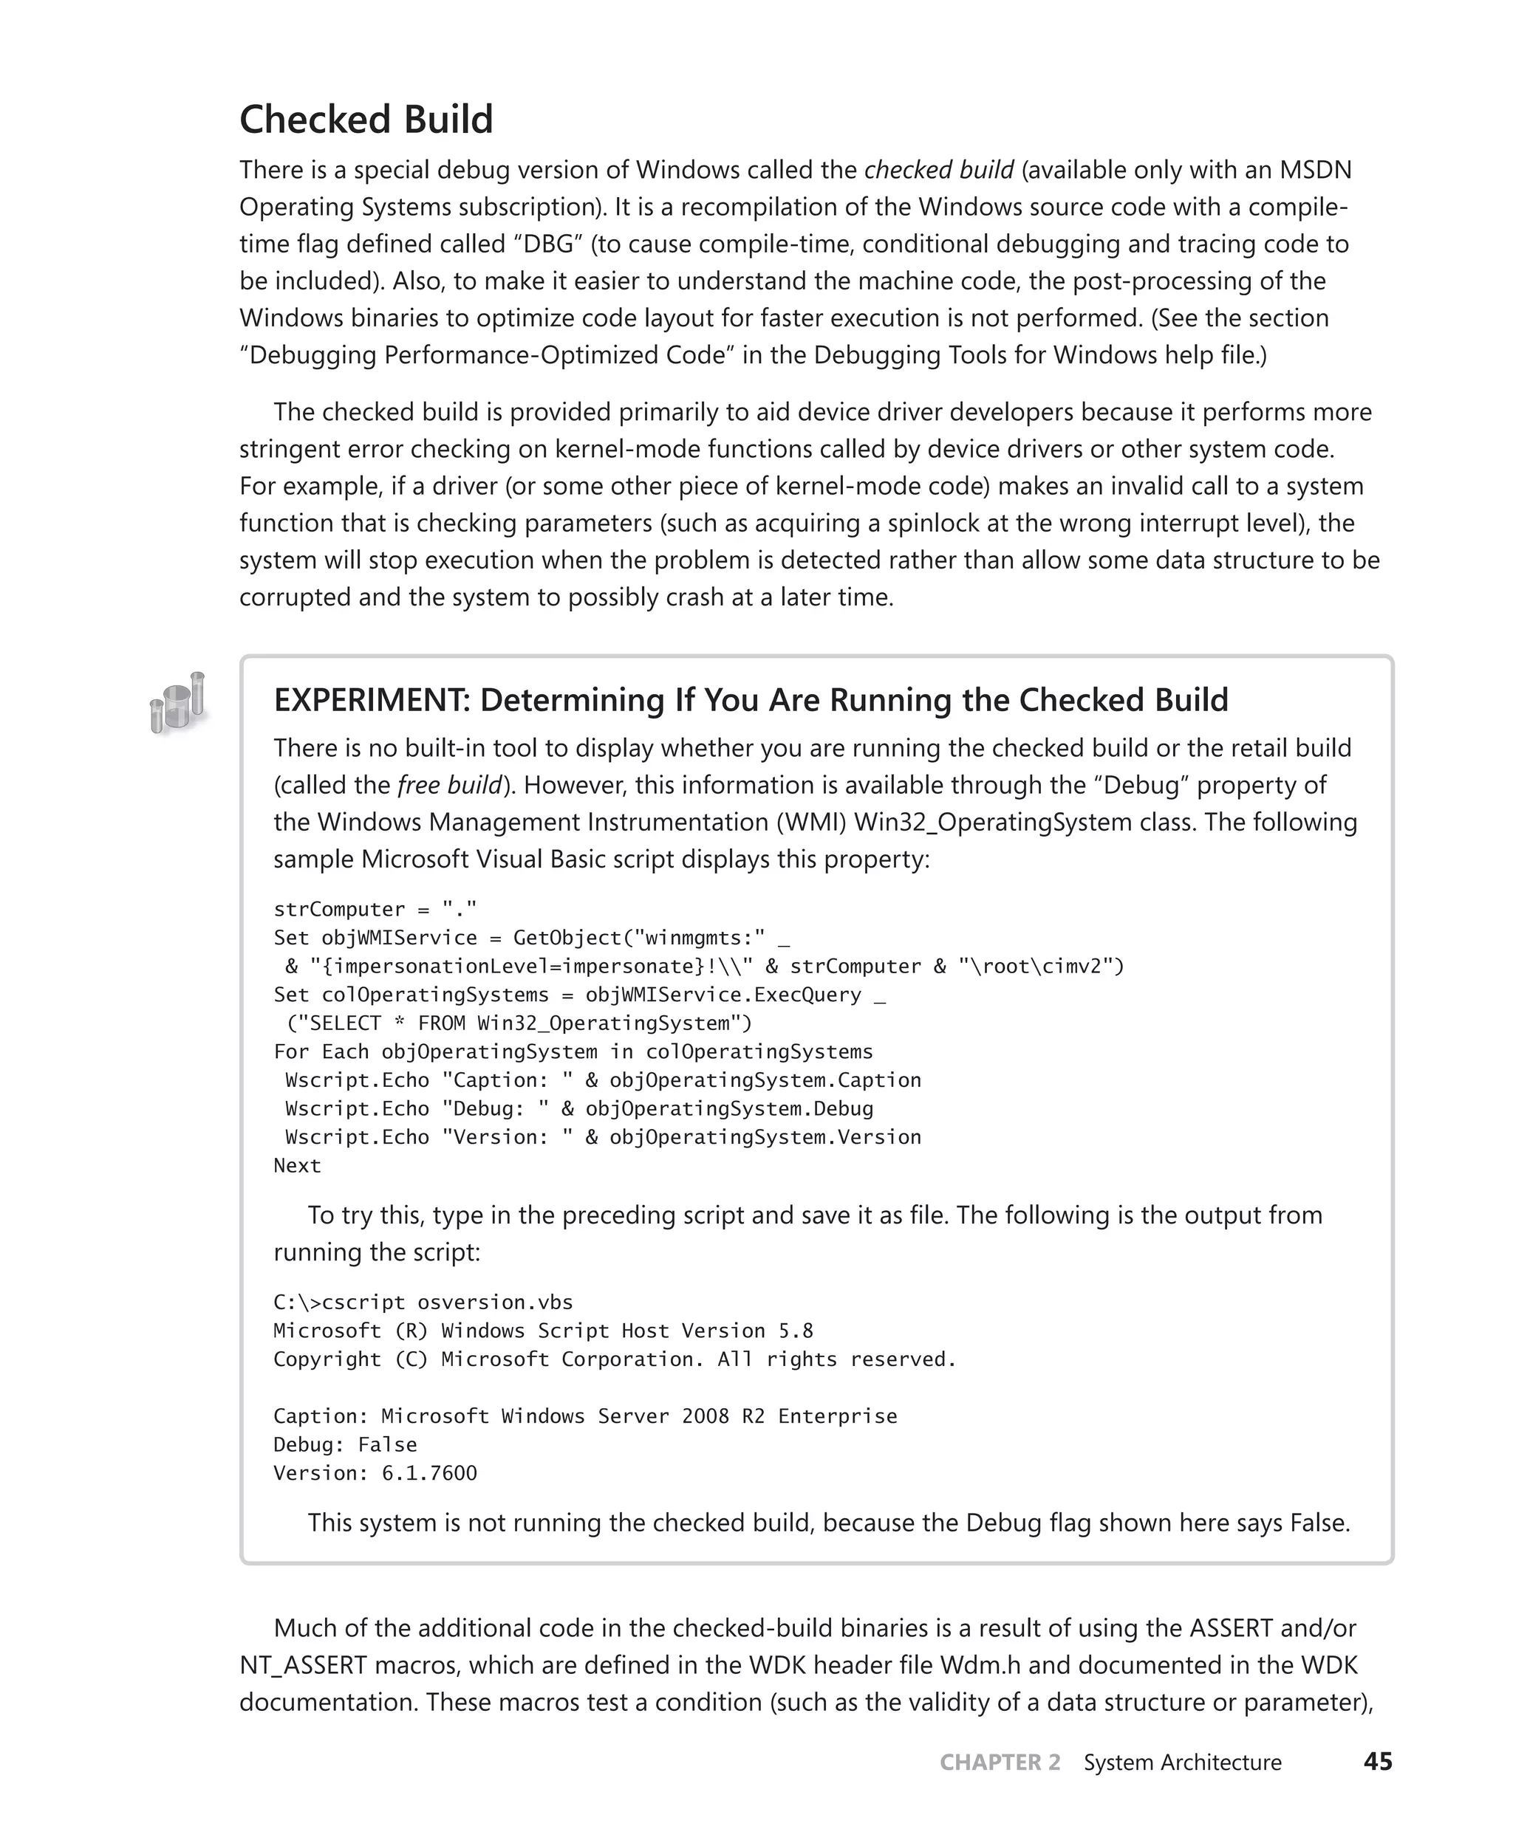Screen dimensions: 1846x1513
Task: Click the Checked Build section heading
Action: point(366,120)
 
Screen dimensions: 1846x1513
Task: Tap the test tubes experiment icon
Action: point(178,702)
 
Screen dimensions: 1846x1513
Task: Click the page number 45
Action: point(1377,1762)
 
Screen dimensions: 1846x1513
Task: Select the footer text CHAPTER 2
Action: point(1000,1763)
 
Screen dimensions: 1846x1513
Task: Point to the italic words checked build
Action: point(939,170)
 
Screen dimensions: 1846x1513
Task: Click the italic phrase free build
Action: point(450,785)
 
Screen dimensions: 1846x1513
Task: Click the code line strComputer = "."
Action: point(375,910)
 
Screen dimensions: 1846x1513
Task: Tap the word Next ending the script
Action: point(297,1166)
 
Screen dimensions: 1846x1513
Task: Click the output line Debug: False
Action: point(345,1444)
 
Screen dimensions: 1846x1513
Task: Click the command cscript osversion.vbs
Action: point(447,1303)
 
